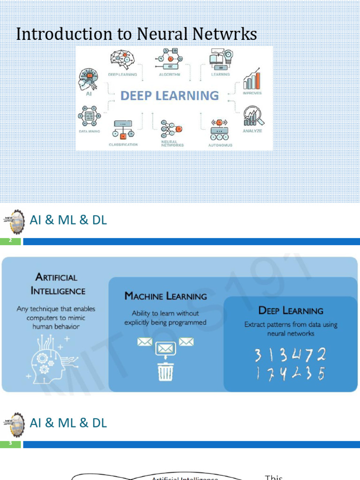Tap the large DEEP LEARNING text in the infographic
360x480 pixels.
coord(170,96)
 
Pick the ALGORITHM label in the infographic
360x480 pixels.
coord(170,75)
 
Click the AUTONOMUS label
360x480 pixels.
coord(220,145)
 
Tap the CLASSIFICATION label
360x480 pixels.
coord(123,145)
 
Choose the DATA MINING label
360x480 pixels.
coord(89,131)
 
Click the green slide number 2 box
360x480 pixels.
coord(10,241)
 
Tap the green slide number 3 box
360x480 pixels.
coord(10,443)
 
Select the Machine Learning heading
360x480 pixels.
coord(165,296)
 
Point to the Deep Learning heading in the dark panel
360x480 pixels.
coord(291,310)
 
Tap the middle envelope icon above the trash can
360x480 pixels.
coord(165,348)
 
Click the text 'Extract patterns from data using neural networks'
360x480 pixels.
coord(291,329)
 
